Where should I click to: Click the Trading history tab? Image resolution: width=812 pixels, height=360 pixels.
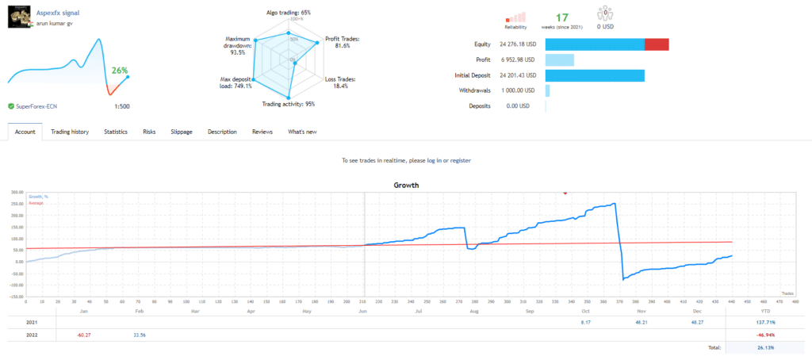pos(70,132)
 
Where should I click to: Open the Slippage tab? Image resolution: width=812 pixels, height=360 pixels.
pos(182,132)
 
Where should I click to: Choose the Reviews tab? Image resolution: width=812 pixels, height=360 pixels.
pos(262,132)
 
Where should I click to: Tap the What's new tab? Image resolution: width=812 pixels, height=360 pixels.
pos(302,132)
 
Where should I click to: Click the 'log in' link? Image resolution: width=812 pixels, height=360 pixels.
pos(435,160)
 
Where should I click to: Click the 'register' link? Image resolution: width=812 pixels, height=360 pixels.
pos(460,160)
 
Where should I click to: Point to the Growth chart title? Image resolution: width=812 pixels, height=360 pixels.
pos(406,185)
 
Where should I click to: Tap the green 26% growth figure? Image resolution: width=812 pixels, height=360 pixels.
pos(120,71)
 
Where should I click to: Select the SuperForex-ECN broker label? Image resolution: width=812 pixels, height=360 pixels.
pos(43,105)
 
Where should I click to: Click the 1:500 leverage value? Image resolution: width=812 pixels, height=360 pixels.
pos(122,105)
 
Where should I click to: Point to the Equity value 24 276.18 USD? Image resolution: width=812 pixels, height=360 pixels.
pos(519,44)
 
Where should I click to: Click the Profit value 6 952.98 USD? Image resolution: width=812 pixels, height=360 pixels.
pos(520,59)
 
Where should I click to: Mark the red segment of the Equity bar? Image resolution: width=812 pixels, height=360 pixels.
pos(657,44)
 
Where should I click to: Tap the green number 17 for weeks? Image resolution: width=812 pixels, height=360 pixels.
pos(561,17)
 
